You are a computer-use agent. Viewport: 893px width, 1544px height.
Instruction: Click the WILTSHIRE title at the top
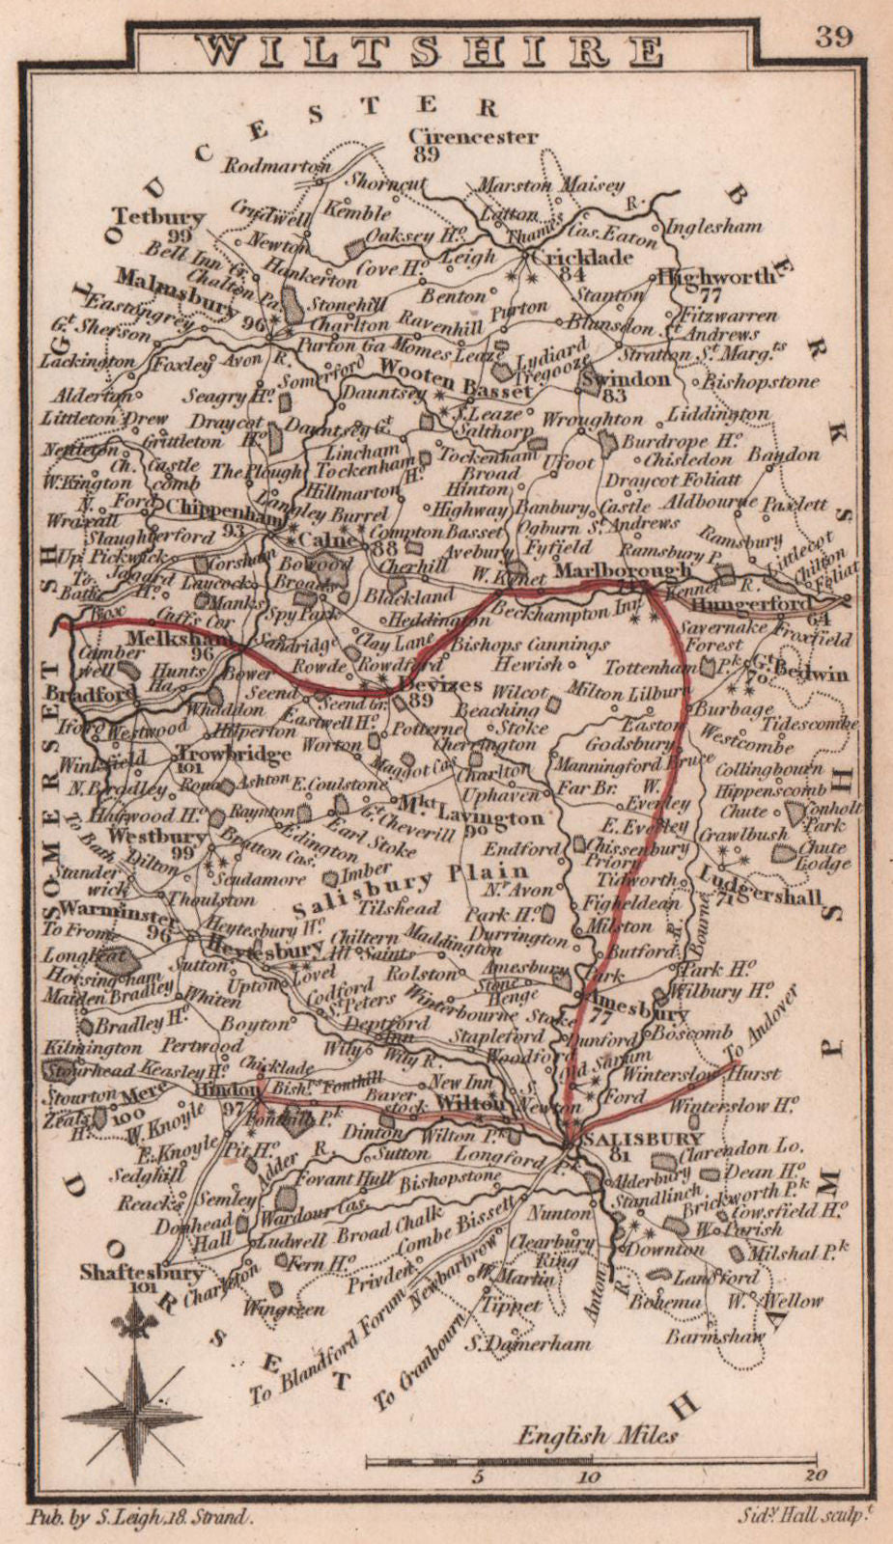click(432, 49)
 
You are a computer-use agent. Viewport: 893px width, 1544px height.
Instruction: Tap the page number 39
click(833, 36)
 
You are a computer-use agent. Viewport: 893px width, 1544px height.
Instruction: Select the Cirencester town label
click(473, 136)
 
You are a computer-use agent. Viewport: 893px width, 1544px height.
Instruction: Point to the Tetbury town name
click(157, 216)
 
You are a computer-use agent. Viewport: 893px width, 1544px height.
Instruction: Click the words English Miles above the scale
click(598, 1435)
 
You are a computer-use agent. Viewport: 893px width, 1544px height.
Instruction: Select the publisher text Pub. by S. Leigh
click(154, 1517)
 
